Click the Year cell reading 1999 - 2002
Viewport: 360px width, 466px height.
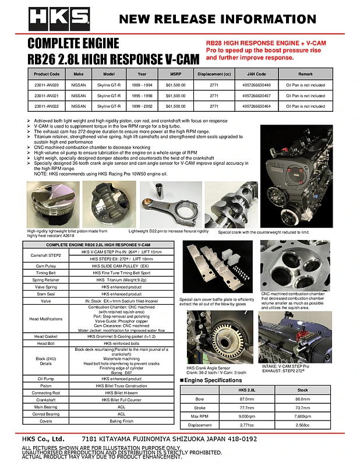tap(143, 107)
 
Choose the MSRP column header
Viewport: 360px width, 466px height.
tap(175, 74)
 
